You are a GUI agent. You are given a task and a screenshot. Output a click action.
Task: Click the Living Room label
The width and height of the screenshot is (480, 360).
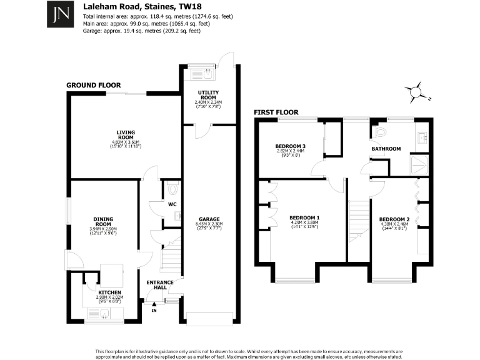126,132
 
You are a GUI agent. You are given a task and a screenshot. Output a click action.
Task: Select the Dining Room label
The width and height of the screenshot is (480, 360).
103,221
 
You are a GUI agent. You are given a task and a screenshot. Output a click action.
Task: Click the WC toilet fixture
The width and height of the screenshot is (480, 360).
173,188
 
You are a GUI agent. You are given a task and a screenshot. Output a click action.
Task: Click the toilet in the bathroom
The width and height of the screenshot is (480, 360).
379,132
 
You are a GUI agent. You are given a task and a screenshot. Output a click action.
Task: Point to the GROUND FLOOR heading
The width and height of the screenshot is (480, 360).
94,86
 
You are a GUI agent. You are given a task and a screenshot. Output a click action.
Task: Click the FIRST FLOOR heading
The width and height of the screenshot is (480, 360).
276,112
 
